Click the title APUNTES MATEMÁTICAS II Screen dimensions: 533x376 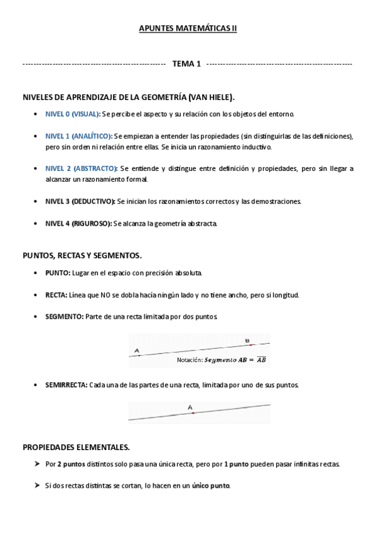pyautogui.click(x=187, y=28)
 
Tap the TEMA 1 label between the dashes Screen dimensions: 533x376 pyautogui.click(x=186, y=64)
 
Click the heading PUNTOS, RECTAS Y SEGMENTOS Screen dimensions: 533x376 pyautogui.click(x=82, y=256)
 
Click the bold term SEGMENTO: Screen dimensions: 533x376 pyautogui.click(x=64, y=316)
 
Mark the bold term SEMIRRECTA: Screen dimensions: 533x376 pyautogui.click(x=66, y=384)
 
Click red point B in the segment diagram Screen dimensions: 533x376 pyautogui.click(x=250, y=345)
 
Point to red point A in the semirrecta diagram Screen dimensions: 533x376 pyautogui.click(x=193, y=413)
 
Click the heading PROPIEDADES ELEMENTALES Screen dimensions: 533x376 pyautogui.click(x=76, y=448)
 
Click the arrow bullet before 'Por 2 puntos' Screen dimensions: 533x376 pyautogui.click(x=37, y=464)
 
